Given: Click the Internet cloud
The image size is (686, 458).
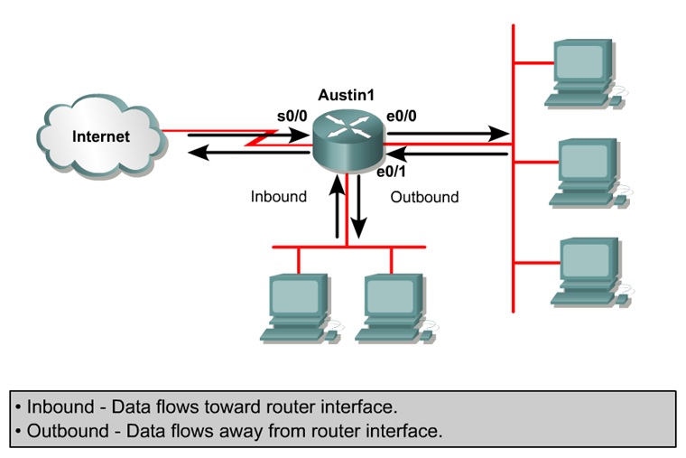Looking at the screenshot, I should click(100, 138).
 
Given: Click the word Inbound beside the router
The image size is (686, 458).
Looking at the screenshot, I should click(278, 196).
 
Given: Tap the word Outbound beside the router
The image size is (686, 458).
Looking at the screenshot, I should click(424, 196).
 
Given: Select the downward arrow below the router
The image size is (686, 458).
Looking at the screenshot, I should click(359, 208).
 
